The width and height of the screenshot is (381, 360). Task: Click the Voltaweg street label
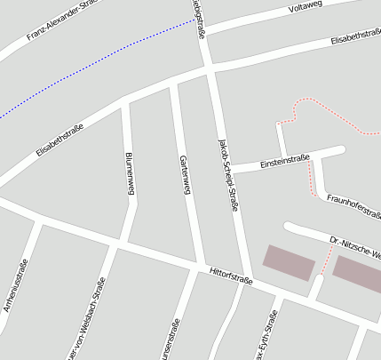point(306,8)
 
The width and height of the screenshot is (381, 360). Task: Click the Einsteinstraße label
point(284,163)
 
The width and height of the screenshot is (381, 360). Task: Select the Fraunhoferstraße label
point(353,205)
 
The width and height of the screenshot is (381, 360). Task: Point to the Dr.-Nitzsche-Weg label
point(354,248)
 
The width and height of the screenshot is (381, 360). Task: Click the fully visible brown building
point(289,262)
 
